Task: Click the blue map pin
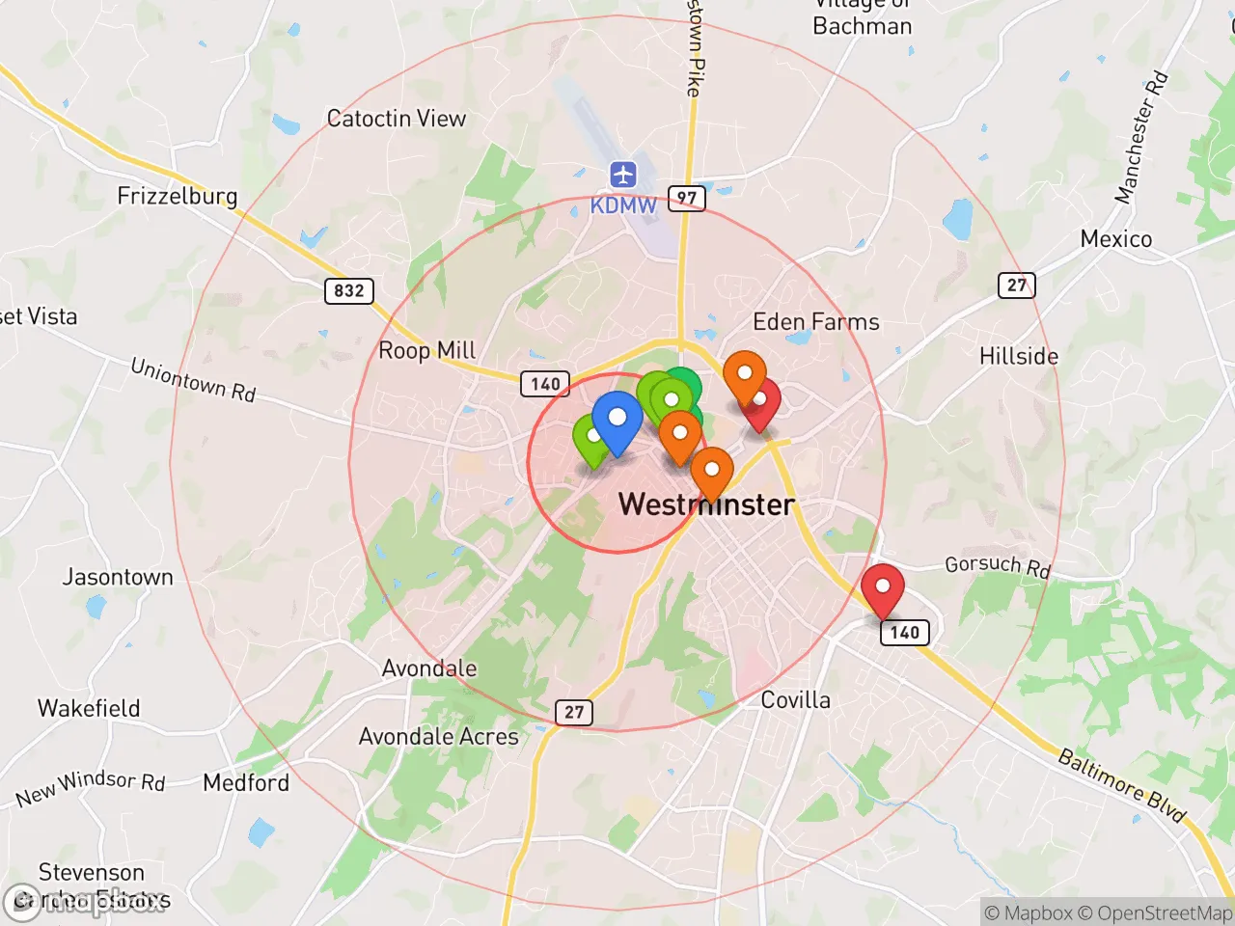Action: point(617,421)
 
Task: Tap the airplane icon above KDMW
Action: point(623,176)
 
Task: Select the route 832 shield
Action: point(349,290)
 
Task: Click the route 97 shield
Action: point(686,199)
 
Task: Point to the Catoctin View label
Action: point(396,119)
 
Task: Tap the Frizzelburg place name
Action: point(177,196)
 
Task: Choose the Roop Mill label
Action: point(426,350)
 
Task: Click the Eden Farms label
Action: point(815,322)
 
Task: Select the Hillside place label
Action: point(1018,356)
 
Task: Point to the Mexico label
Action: point(1115,239)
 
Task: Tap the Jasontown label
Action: point(118,577)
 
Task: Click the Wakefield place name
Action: point(89,708)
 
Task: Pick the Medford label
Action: point(246,782)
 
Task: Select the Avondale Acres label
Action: point(438,737)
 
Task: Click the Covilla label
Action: point(795,700)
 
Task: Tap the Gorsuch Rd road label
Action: point(997,565)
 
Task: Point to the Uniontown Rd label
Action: point(193,379)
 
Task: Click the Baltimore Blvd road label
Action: point(1121,784)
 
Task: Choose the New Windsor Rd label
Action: point(91,788)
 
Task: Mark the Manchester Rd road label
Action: point(1141,138)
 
